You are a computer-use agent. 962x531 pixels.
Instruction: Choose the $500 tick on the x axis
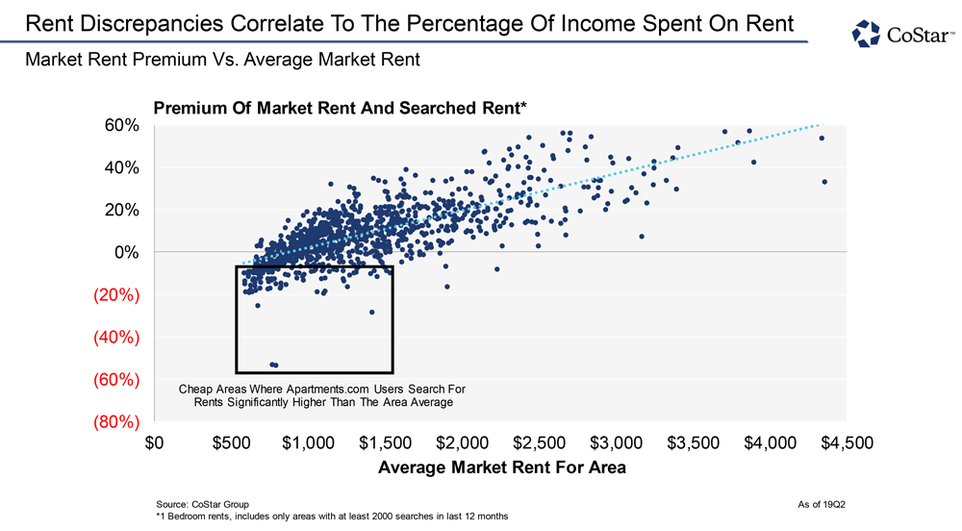click(x=232, y=443)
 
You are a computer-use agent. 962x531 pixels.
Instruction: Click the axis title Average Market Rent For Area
click(x=502, y=468)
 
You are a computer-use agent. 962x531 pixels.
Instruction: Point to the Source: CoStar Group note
click(x=202, y=503)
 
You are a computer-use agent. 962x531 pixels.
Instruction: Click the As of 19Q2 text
click(x=821, y=503)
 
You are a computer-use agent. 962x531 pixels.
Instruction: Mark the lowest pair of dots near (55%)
click(x=274, y=365)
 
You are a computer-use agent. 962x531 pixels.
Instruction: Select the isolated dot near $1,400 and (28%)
click(x=372, y=312)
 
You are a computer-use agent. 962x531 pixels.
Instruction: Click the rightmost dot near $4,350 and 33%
click(x=824, y=182)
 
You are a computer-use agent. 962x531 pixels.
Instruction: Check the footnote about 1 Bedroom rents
click(x=331, y=517)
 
